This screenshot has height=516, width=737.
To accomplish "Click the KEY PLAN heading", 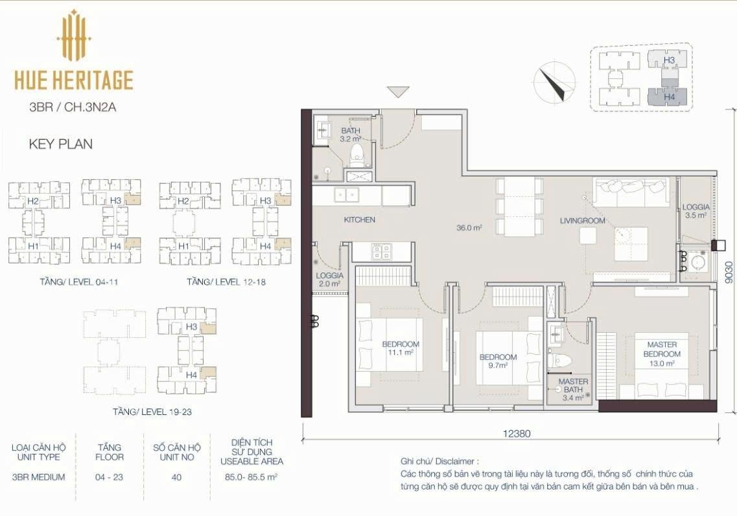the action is coord(61,144).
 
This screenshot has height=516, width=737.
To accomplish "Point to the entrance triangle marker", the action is coord(398,92).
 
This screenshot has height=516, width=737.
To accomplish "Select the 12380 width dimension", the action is coord(517,433).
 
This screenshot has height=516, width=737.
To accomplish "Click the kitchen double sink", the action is coord(346,195).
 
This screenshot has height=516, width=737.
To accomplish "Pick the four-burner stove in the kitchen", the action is coord(380,251).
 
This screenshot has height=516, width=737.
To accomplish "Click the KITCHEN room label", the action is coord(360,219).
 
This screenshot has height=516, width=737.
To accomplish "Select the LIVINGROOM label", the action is coord(582,221).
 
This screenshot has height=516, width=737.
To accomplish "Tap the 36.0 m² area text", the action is coord(469,228).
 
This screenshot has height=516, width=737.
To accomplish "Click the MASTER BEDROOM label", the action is coord(662,350).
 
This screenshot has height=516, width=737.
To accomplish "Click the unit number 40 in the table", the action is coord(177,478).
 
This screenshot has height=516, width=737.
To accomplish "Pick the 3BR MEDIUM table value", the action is coord(38,477).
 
